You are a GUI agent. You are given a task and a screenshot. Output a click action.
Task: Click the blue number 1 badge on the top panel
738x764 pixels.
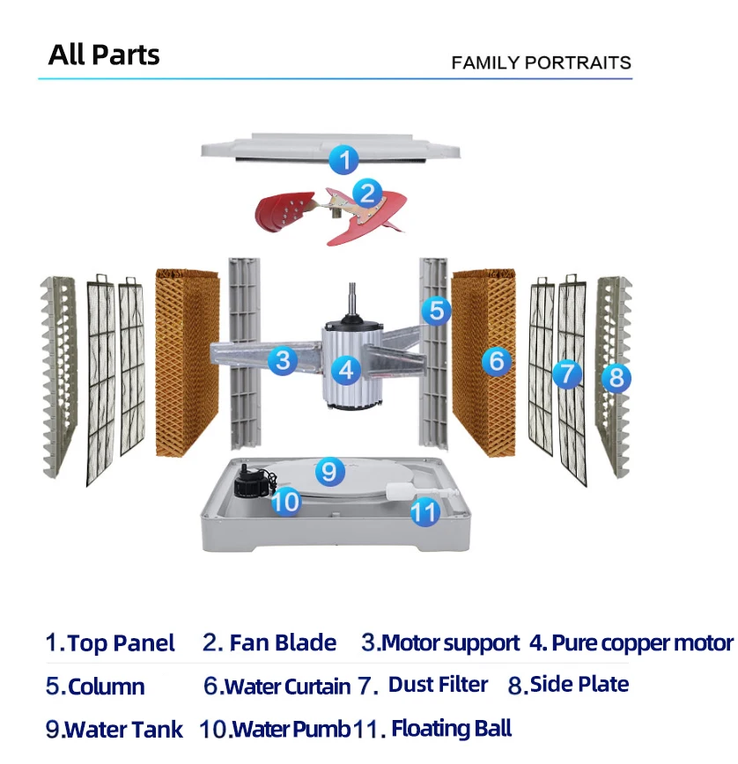click(x=344, y=160)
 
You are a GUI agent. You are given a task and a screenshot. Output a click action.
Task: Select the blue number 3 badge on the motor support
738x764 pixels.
click(x=282, y=359)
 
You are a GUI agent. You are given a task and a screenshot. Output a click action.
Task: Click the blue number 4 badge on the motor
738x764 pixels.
click(x=347, y=370)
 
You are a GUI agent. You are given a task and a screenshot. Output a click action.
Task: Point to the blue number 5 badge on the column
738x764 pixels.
click(x=435, y=310)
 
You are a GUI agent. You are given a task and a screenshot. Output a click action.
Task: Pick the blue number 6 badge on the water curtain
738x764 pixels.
click(x=497, y=360)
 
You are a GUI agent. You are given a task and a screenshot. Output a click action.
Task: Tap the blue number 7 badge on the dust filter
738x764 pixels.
click(x=567, y=373)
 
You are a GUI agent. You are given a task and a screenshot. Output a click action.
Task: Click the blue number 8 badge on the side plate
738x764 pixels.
click(x=616, y=378)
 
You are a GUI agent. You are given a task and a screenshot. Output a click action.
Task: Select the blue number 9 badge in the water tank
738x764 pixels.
click(x=328, y=471)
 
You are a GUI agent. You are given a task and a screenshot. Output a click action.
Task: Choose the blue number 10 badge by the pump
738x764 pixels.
click(x=285, y=502)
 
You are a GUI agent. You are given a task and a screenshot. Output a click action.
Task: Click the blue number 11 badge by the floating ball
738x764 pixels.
click(x=425, y=511)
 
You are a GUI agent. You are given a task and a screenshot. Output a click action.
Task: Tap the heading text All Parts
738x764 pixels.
click(x=104, y=55)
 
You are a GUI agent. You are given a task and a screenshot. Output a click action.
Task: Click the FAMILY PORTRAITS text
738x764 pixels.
click(x=541, y=62)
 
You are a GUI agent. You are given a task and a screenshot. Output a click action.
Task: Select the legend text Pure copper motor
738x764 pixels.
click(x=641, y=643)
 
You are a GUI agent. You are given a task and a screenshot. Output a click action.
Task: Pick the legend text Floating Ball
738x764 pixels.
click(x=451, y=728)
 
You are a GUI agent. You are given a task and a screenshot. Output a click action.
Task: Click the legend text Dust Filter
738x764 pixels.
click(x=438, y=685)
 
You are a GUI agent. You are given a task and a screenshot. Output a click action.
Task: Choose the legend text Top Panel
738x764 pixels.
click(x=121, y=643)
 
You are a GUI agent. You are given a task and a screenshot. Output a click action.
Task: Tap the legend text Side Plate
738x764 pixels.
click(x=579, y=685)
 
